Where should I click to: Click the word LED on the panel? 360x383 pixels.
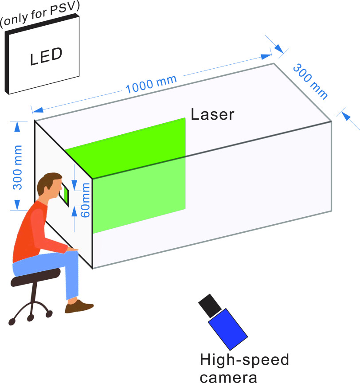46,56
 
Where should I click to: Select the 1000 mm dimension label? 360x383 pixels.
151,84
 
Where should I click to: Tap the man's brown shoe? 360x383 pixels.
78,306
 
